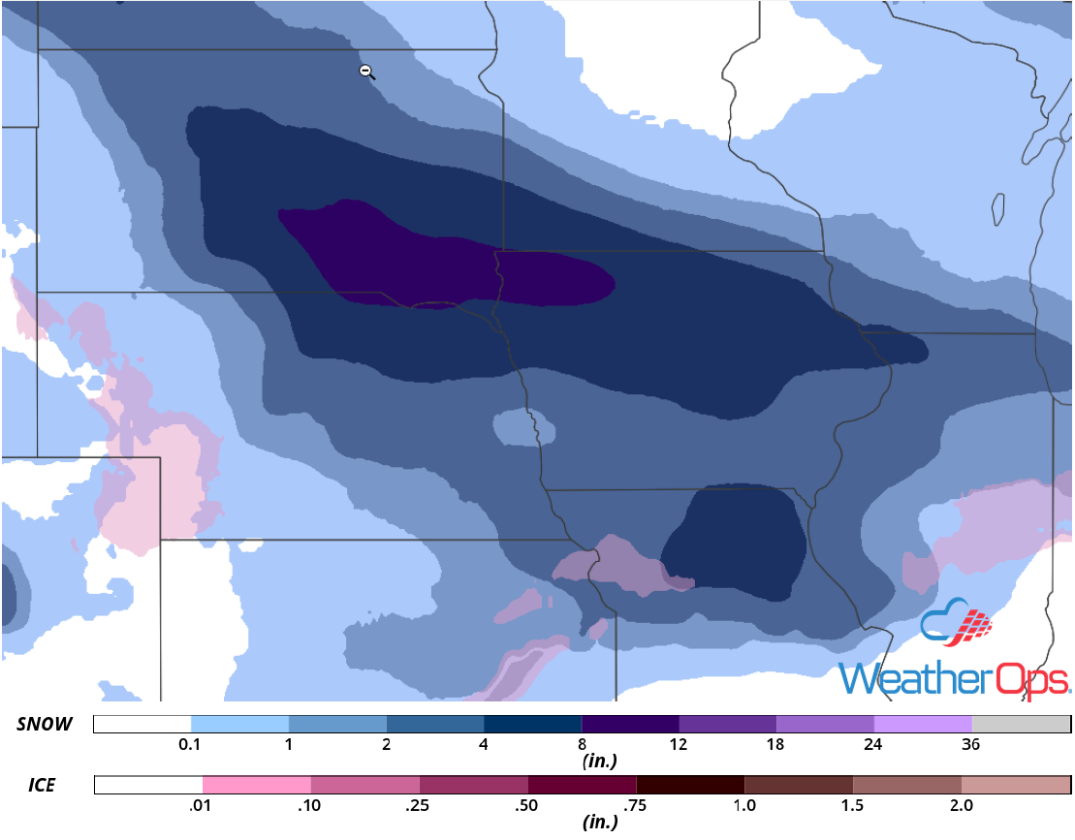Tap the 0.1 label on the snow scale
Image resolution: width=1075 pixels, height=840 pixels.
[191, 745]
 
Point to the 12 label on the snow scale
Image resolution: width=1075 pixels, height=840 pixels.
[678, 745]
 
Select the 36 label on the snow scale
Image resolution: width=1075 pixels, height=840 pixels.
[971, 745]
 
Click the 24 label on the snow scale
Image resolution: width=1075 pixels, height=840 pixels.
[873, 745]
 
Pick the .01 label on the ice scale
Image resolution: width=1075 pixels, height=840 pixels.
[203, 804]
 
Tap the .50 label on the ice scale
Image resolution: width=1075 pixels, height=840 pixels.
[527, 804]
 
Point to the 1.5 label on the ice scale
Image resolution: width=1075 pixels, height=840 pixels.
[852, 804]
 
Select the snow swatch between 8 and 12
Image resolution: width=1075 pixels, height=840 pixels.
[630, 725]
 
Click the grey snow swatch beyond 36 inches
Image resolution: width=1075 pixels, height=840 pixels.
[1021, 725]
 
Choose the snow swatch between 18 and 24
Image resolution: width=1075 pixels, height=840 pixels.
[825, 725]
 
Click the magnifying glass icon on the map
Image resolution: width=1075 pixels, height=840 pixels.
[366, 72]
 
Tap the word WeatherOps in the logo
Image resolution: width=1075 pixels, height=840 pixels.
[954, 678]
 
